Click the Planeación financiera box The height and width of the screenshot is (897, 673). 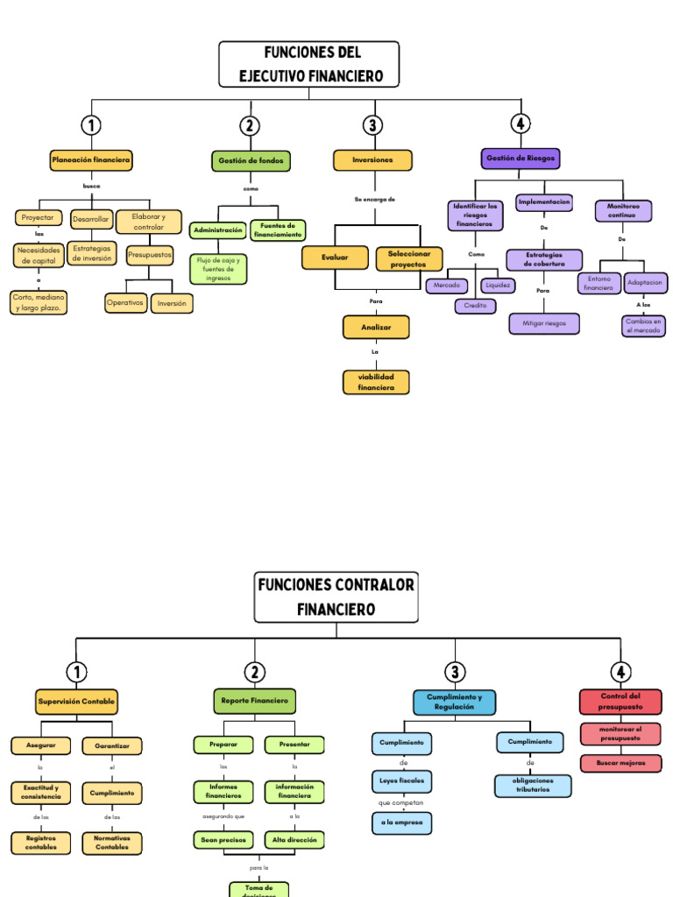click(x=91, y=160)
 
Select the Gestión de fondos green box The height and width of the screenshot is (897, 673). click(x=251, y=161)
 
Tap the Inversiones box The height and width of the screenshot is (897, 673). click(x=372, y=160)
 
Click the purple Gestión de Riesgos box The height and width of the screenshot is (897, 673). click(x=521, y=159)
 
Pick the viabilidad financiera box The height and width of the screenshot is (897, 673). click(x=376, y=382)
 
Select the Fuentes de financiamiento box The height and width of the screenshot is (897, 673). click(x=278, y=230)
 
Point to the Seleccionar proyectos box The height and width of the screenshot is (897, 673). click(x=409, y=258)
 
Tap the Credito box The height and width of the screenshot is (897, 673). click(x=475, y=306)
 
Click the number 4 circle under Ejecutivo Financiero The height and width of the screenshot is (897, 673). click(x=521, y=124)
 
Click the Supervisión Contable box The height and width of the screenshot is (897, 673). click(x=77, y=702)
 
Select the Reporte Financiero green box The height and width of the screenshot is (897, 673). click(x=254, y=701)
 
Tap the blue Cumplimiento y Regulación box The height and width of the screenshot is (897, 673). click(x=454, y=702)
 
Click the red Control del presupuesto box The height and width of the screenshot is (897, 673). click(x=620, y=702)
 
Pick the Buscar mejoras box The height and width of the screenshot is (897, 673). click(x=621, y=763)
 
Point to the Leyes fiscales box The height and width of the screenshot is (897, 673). click(x=401, y=780)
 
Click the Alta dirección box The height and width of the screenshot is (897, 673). click(x=294, y=839)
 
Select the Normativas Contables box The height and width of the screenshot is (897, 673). click(x=112, y=843)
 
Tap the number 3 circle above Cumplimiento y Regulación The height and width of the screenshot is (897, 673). click(x=454, y=673)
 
